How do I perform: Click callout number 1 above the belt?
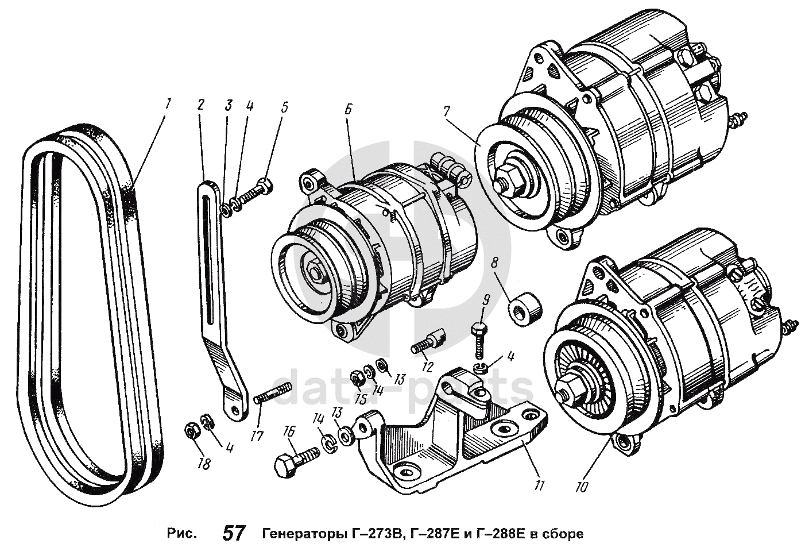(168, 104)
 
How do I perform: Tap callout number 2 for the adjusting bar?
(200, 105)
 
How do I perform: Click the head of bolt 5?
(265, 186)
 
